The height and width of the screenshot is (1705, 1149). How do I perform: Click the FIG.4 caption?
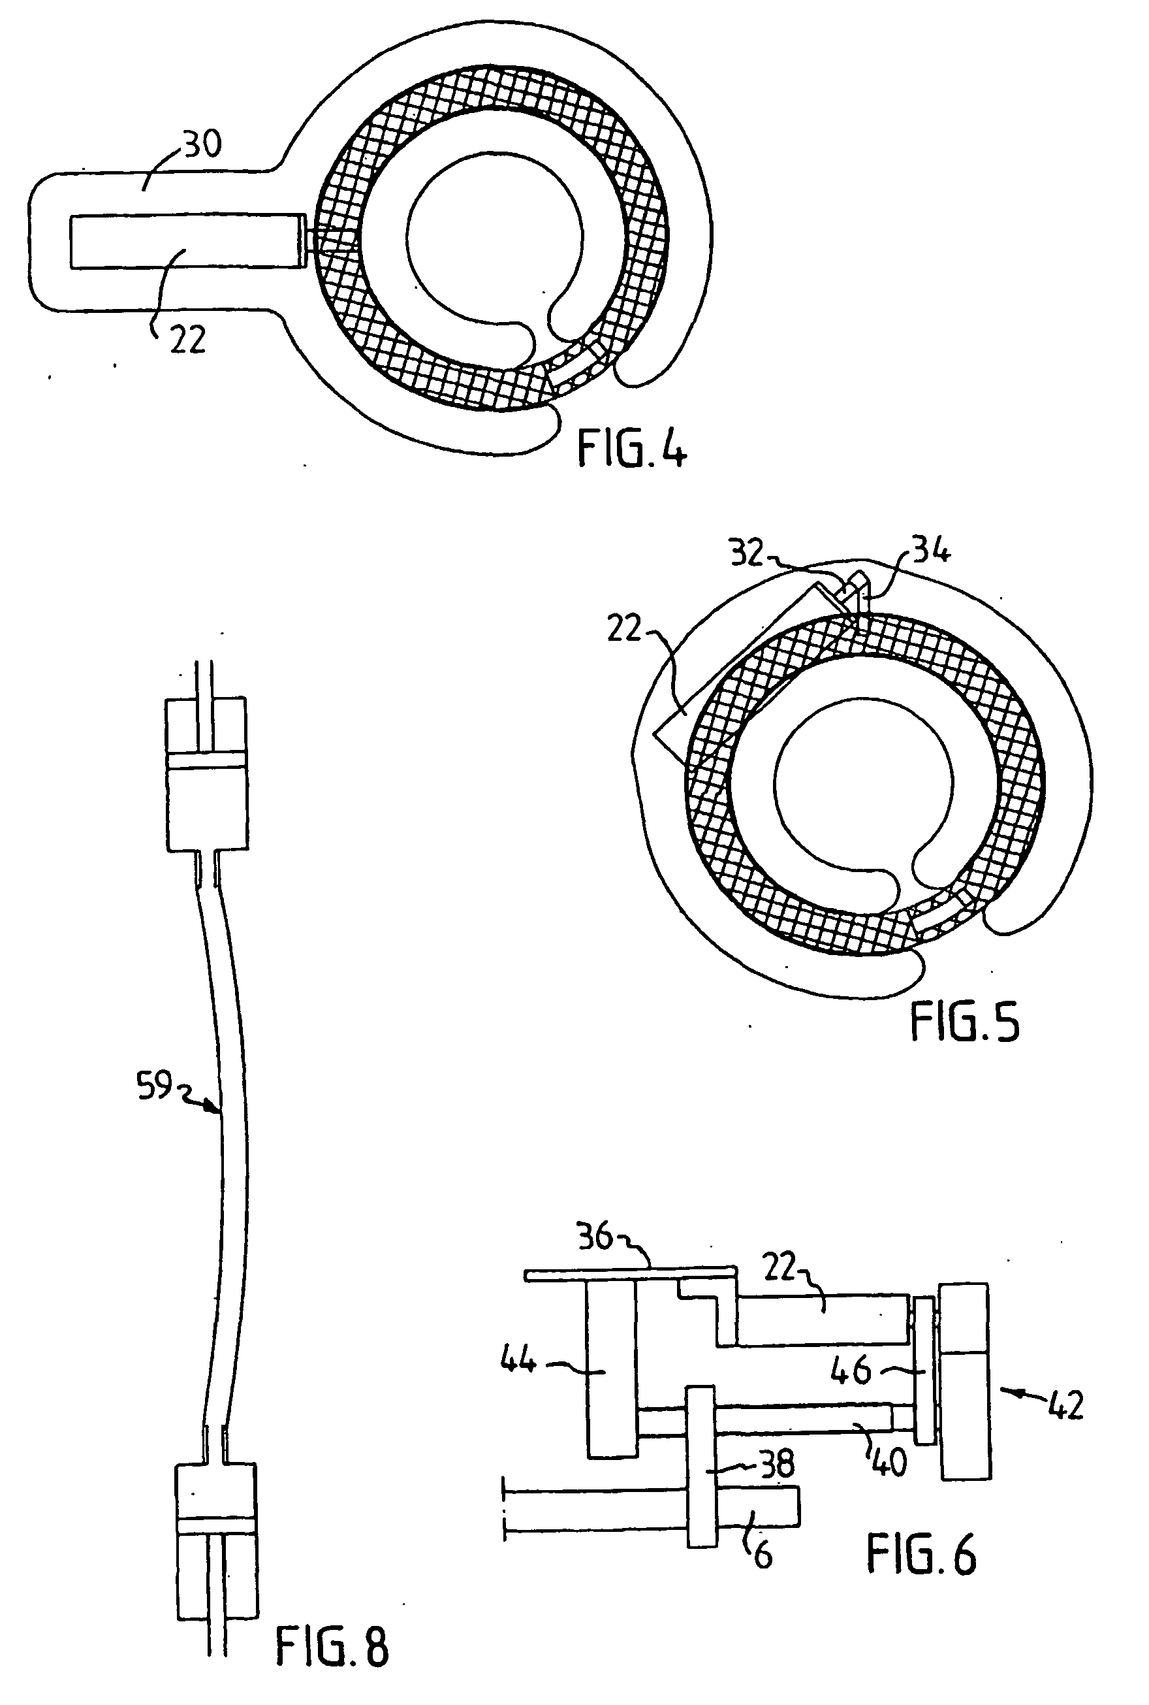(632, 448)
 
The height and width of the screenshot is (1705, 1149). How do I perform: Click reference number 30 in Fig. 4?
(202, 144)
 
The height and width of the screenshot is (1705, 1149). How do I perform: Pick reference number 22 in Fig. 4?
(187, 340)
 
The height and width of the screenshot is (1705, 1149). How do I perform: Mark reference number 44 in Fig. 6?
(518, 1361)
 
